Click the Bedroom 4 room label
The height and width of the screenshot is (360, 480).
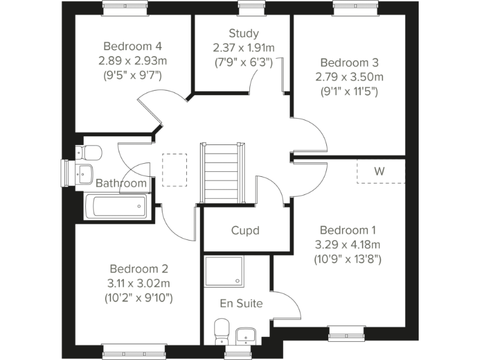[x=132, y=46]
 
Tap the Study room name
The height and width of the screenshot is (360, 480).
[x=243, y=34]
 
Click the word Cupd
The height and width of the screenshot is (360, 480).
[x=245, y=231]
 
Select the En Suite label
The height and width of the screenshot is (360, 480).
[x=241, y=304]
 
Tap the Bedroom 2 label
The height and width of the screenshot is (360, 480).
[x=138, y=269]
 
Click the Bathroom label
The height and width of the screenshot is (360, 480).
[x=121, y=183]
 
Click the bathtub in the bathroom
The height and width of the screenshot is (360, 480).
[x=116, y=206]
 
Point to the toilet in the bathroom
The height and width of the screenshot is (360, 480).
[x=89, y=152]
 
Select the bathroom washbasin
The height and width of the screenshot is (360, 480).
[x=83, y=172]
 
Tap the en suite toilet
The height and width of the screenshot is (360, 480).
[x=221, y=331]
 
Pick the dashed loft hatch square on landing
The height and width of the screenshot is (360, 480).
[x=174, y=171]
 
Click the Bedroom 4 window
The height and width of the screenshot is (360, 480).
[x=121, y=7]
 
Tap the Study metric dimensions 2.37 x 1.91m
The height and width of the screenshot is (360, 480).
[x=243, y=48]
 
